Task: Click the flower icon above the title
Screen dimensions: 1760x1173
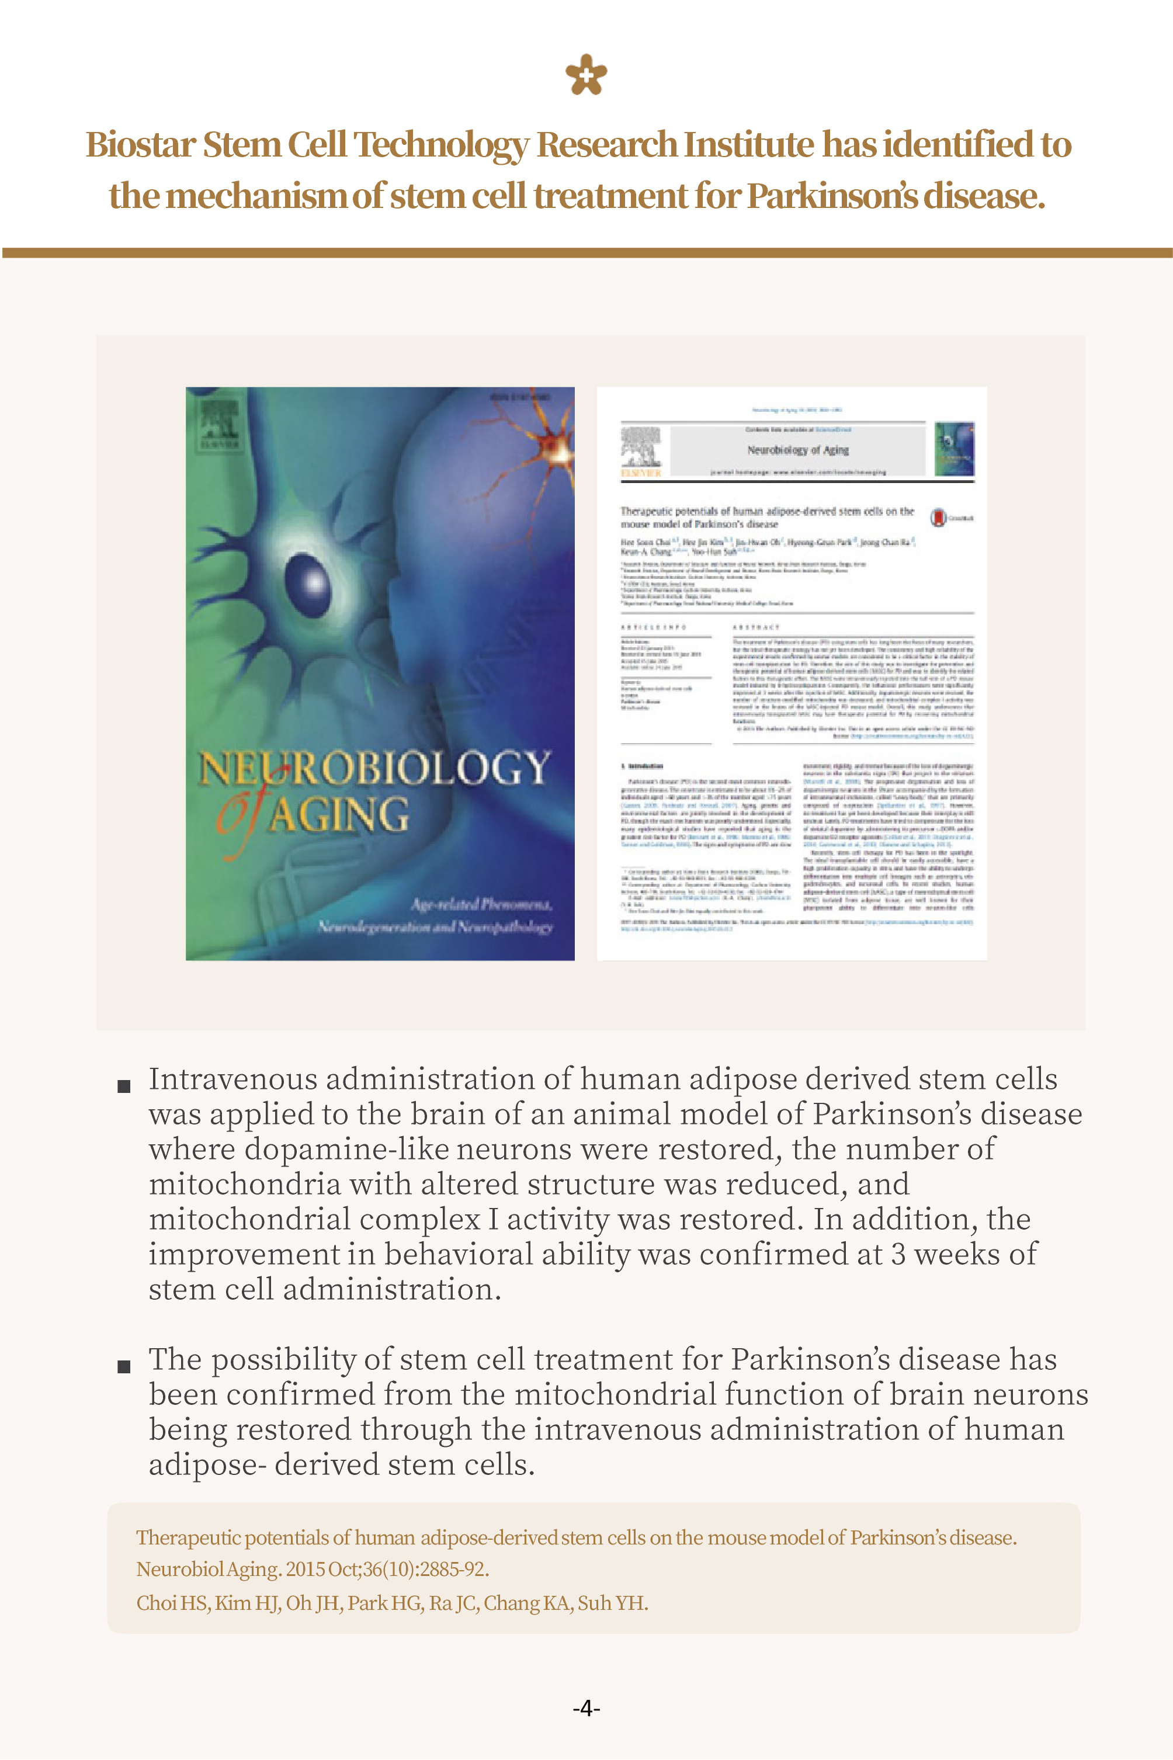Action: click(x=586, y=75)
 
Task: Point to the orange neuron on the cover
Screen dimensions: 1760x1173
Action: click(x=555, y=448)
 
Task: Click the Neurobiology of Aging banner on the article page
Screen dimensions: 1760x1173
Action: click(x=797, y=450)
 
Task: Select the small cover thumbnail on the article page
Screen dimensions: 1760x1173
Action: click(x=955, y=449)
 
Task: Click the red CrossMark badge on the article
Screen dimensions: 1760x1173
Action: click(x=938, y=518)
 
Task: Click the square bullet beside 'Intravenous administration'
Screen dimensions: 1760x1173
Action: click(x=124, y=1086)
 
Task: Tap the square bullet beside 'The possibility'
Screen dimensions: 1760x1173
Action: click(x=124, y=1366)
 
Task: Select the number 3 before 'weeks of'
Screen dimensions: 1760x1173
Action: click(x=898, y=1254)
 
